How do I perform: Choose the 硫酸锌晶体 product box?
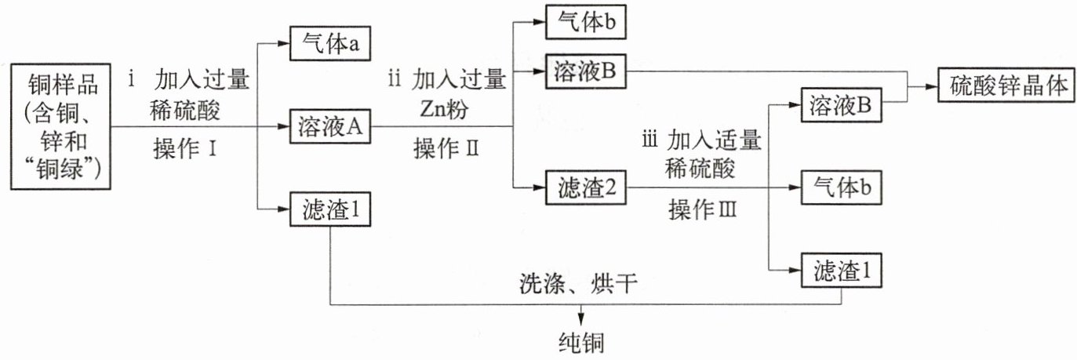[1004, 85]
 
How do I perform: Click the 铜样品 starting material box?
[61, 126]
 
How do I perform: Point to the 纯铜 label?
[580, 343]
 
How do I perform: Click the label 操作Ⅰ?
[185, 147]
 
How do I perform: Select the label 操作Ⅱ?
[444, 147]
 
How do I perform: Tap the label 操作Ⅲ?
[703, 209]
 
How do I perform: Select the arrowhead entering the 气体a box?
[283, 45]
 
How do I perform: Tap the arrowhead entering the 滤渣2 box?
[537, 187]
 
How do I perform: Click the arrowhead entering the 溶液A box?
[283, 126]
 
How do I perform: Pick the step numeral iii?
[649, 142]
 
